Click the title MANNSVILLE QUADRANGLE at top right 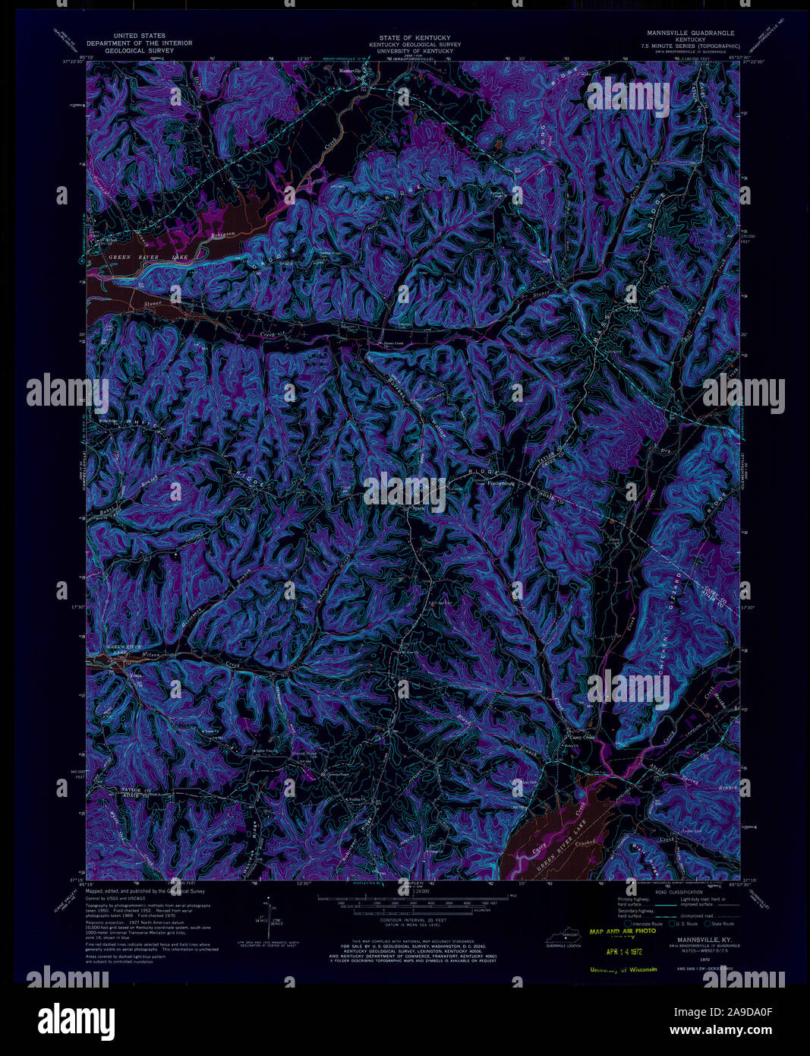coord(690,33)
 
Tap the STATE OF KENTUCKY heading coord(414,37)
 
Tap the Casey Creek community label coord(583,737)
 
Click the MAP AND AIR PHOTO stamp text coord(622,931)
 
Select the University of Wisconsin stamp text coord(622,969)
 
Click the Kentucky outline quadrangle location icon coord(564,941)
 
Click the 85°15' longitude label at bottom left coord(77,885)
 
